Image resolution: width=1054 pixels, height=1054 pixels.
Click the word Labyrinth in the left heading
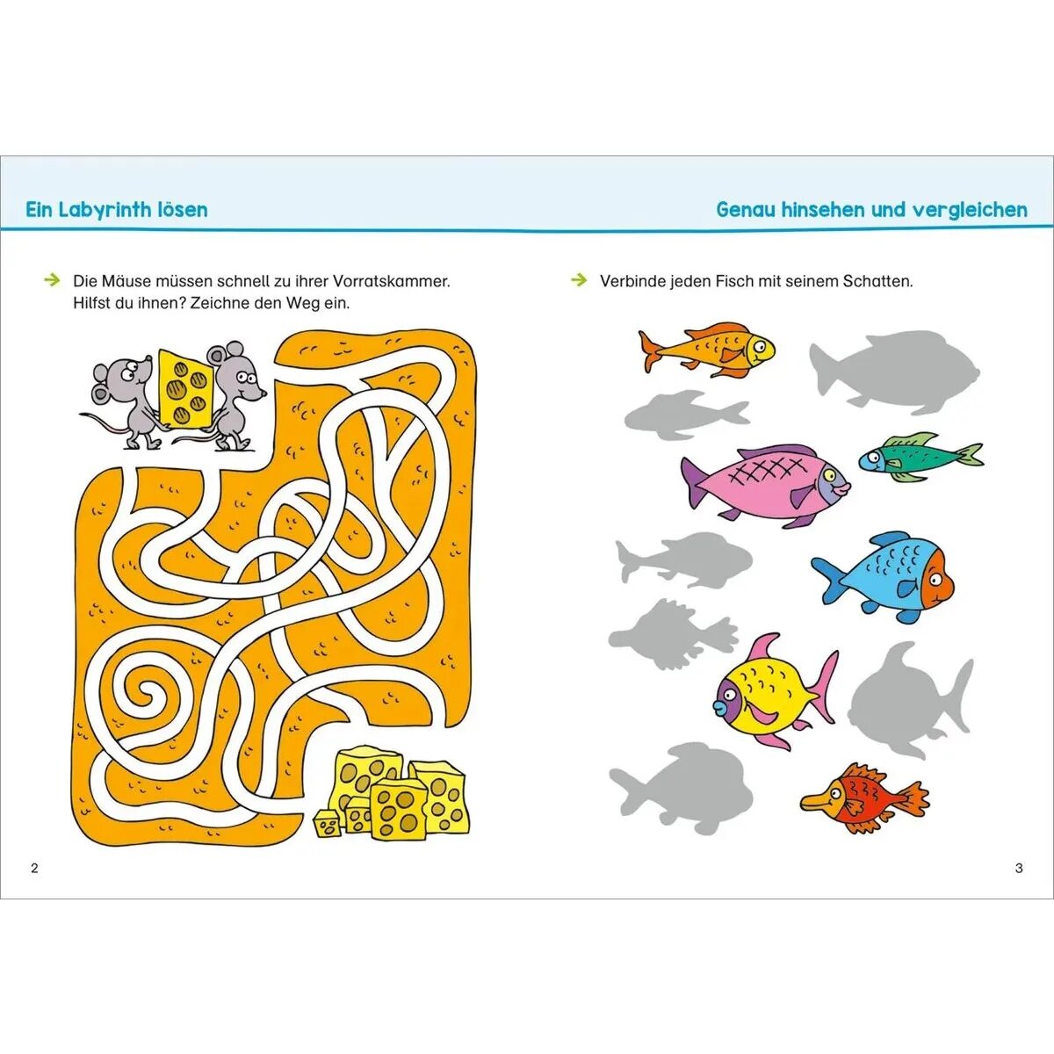click(113, 210)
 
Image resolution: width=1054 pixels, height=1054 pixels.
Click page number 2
click(35, 869)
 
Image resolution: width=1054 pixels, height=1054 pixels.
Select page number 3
click(1019, 869)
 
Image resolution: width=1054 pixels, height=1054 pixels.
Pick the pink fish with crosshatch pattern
click(764, 483)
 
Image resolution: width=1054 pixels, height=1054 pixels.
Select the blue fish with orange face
click(887, 577)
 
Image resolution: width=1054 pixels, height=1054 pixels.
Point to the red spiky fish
click(865, 798)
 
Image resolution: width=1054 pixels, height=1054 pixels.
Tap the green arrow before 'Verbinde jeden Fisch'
click(579, 280)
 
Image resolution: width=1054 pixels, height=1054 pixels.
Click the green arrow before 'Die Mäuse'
click(52, 280)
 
